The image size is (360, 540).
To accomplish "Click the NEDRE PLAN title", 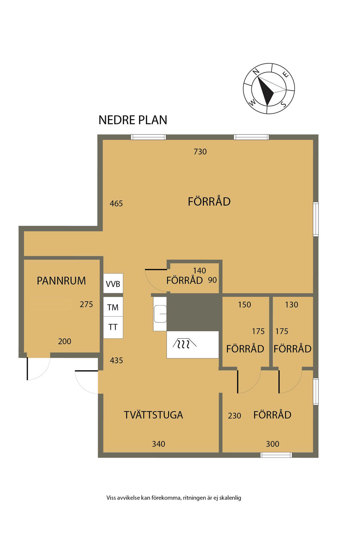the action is [133, 120].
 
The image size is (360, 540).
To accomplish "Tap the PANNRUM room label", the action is [61, 281].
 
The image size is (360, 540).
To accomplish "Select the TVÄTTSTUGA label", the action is [153, 415].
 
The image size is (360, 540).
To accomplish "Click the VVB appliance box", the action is [113, 283].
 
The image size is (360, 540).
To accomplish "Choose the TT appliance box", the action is [113, 327].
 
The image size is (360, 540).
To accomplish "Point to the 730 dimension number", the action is [200, 152].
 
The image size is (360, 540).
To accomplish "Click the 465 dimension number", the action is [116, 204].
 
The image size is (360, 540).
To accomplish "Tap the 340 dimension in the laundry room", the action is [159, 444].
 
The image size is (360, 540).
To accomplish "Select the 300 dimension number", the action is [272, 444].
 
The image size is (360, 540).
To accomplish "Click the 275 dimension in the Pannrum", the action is [86, 304].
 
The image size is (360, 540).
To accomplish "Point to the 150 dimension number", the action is [244, 305].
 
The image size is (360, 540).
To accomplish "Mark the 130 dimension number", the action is [291, 305].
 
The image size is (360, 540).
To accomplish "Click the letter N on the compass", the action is [256, 71].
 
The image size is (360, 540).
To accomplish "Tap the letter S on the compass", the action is [284, 104].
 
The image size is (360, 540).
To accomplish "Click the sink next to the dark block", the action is [160, 314].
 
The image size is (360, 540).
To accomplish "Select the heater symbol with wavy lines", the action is [185, 343].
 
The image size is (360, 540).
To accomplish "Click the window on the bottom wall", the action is [276, 455].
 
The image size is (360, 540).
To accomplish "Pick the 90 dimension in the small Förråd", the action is [212, 280].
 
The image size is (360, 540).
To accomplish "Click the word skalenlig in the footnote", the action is [230, 498].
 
